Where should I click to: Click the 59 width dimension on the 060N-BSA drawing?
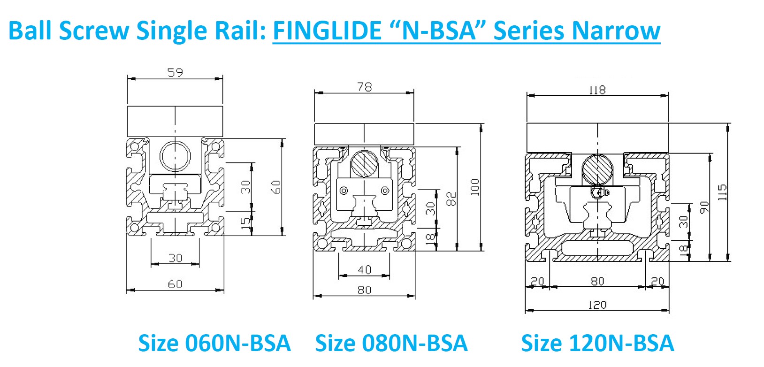pos(175,72)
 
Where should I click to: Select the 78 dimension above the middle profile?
pos(364,86)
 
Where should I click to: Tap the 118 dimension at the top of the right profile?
pos(597,89)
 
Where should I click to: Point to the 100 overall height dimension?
pos(475,187)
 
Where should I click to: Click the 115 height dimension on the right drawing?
pos(722,192)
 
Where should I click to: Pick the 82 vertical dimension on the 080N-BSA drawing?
pos(451,199)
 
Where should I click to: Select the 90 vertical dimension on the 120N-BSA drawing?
pos(704,207)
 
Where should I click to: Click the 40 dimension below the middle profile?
pos(364,269)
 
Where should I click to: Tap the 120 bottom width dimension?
pos(597,305)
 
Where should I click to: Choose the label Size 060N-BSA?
pos(214,343)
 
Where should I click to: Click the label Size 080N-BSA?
pos(391,343)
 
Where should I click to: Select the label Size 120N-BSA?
pos(597,343)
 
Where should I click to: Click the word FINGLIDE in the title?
pos(327,31)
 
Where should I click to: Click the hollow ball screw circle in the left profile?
pos(175,156)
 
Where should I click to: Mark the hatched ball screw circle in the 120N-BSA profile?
pos(597,169)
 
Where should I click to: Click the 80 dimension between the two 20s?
pos(597,281)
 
